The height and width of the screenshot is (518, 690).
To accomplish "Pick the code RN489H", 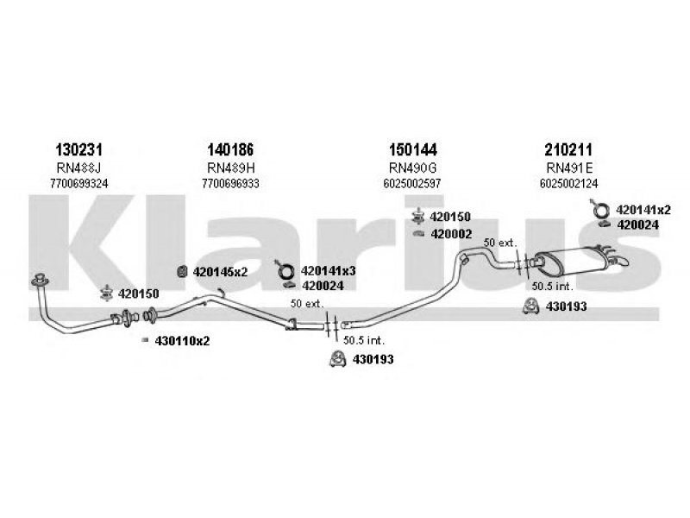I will click(x=231, y=167).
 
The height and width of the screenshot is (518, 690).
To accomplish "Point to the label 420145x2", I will click(x=220, y=272).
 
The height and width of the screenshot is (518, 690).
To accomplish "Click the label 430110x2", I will click(x=182, y=341).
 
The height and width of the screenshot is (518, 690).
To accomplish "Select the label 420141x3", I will click(x=328, y=270).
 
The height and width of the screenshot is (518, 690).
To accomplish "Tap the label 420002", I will click(x=451, y=234).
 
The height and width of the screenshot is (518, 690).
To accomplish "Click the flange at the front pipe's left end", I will click(x=39, y=281).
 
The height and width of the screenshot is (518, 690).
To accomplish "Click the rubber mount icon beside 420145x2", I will click(x=182, y=273).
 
